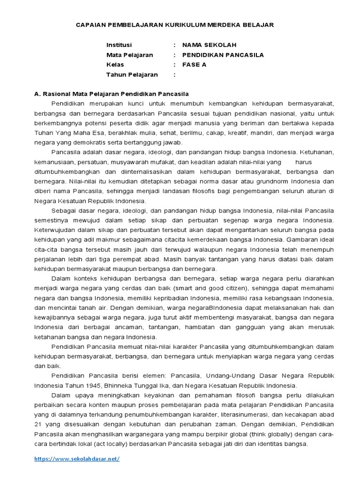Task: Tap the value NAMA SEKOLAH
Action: coord(209,45)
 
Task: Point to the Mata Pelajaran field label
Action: coord(129,55)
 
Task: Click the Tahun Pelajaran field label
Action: coord(132,75)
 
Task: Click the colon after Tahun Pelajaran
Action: coord(174,75)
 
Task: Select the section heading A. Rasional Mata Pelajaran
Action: coord(112,94)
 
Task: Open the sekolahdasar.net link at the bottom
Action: coord(77,459)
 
